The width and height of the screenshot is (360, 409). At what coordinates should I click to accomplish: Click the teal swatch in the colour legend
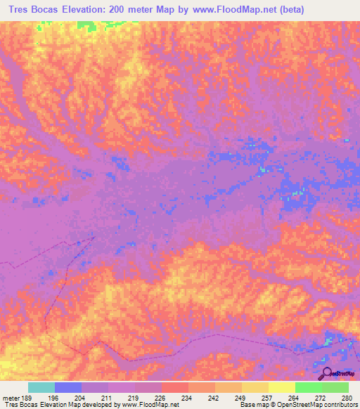click(41, 387)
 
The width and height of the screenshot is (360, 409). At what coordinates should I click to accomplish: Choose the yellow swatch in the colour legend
click(281, 387)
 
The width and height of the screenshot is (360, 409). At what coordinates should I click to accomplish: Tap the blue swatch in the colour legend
click(67, 387)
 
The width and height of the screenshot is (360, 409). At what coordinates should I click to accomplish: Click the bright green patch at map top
click(87, 26)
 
